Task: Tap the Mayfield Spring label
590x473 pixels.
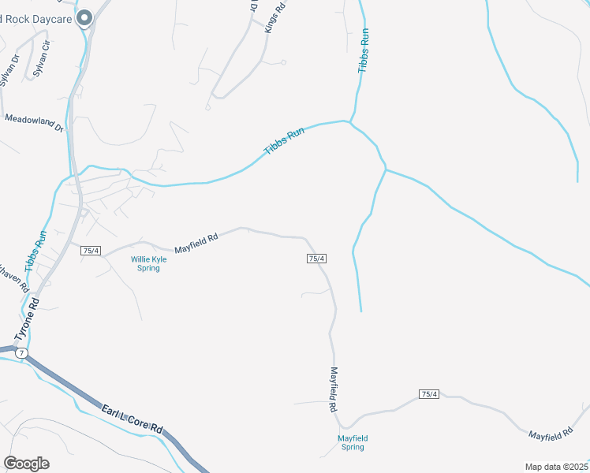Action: tap(353, 442)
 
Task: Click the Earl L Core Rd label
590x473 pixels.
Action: tap(132, 419)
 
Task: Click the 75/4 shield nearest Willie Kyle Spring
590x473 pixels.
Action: tap(91, 251)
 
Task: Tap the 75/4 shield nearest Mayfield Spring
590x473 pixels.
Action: tap(429, 394)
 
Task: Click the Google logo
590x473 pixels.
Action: tap(26, 464)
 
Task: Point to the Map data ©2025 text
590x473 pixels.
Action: tap(556, 467)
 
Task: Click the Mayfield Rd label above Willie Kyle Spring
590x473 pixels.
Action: tap(196, 240)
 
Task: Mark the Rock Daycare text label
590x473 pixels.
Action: tap(35, 19)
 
